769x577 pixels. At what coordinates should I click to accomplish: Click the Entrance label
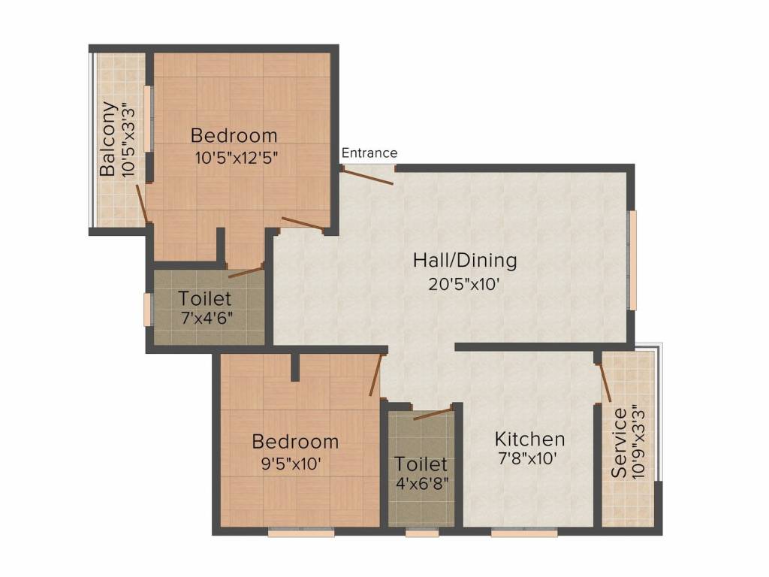point(369,153)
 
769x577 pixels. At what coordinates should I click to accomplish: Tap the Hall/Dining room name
point(465,261)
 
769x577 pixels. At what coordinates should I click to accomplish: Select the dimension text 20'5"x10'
point(465,285)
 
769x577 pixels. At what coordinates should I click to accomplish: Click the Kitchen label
point(529,439)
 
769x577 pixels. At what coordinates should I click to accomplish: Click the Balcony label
point(109,139)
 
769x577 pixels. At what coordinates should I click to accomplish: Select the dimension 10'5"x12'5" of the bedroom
point(235,159)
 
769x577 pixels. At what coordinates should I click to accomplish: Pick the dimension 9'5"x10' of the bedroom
point(289,464)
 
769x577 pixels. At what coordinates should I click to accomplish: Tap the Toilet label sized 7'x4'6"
point(205,298)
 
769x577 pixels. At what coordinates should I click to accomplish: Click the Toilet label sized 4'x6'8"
point(421,464)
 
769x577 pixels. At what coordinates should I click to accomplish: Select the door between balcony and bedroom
point(140,202)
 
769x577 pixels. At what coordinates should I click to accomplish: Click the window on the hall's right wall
point(633,259)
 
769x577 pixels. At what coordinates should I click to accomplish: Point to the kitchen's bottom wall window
point(524,533)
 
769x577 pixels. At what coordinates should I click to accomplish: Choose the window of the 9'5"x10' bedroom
point(301,533)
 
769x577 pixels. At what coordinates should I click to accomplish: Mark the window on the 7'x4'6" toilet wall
point(148,309)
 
